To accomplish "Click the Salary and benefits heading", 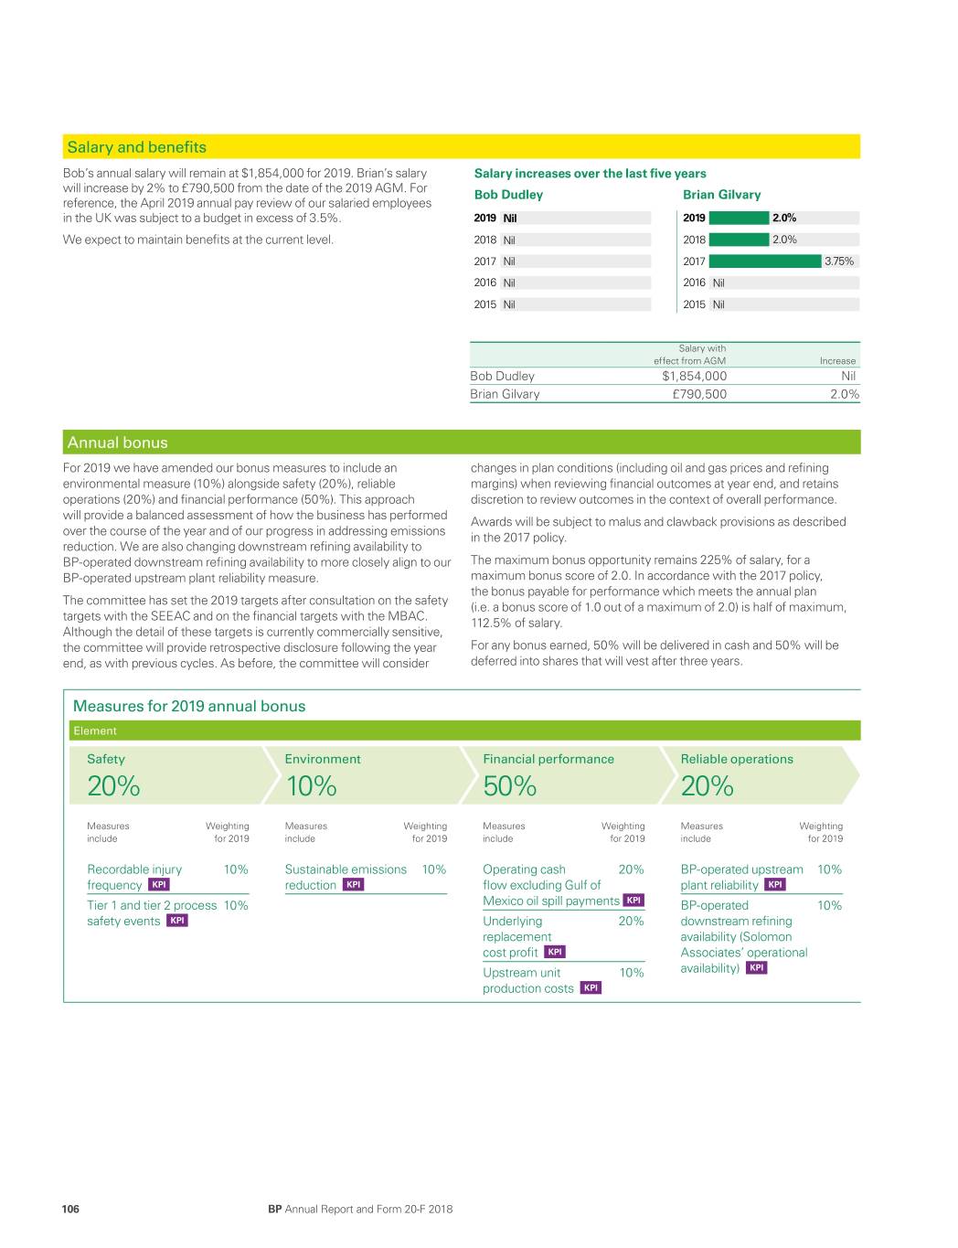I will point(137,147).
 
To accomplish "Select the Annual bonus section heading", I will point(118,443).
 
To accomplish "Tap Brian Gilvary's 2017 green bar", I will point(765,261).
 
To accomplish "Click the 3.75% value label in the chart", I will point(838,261).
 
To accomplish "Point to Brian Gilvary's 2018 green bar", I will point(739,240).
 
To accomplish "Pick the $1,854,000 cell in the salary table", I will point(694,376).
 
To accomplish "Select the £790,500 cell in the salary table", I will point(699,394).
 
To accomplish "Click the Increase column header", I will point(837,361).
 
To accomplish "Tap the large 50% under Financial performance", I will point(510,786).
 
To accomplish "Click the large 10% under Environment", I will point(312,786).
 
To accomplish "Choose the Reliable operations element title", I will point(737,759).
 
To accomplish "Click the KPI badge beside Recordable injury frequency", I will point(159,885).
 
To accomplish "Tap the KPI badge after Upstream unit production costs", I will point(591,988).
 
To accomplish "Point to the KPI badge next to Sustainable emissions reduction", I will point(353,885).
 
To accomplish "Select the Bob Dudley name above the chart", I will point(508,195).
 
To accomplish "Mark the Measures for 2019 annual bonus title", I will point(189,706).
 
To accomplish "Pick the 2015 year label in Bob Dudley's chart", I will point(484,304).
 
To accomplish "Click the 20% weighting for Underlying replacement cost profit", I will point(631,921).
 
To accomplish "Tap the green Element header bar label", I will point(95,731).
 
